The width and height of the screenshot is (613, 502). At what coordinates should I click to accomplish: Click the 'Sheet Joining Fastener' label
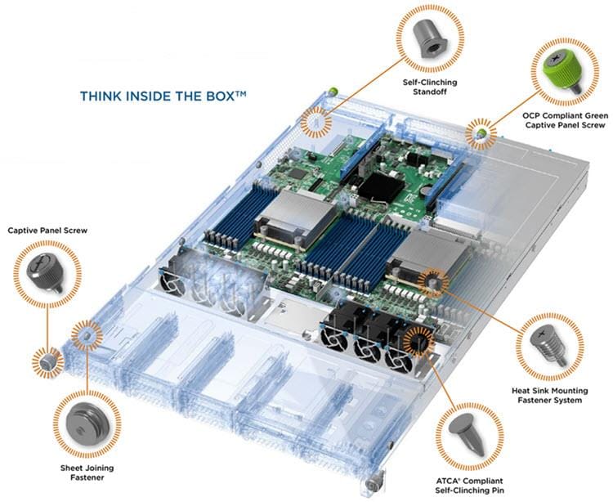click(85, 473)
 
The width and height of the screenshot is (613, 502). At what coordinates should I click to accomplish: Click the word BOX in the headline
click(217, 96)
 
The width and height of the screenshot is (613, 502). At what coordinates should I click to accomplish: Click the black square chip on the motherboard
click(378, 186)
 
